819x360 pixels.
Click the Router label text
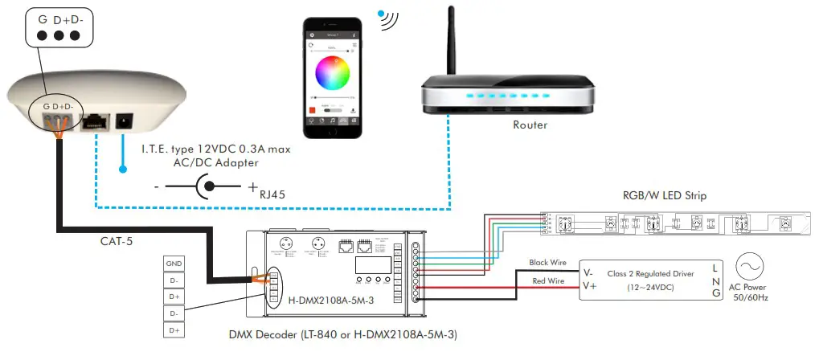coord(530,125)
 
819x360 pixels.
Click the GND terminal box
coord(174,264)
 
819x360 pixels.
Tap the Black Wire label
coord(549,263)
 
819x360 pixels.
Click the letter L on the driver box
coord(714,266)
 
